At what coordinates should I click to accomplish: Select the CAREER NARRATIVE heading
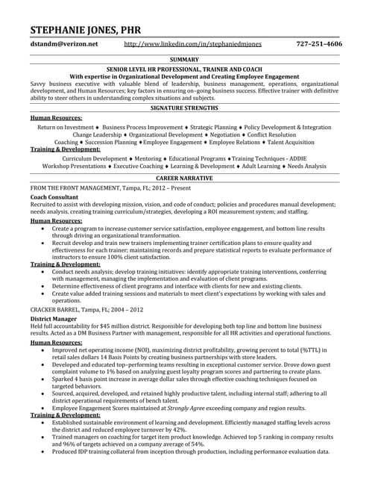(x=184, y=179)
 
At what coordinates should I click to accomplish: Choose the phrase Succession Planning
(x=110, y=142)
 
